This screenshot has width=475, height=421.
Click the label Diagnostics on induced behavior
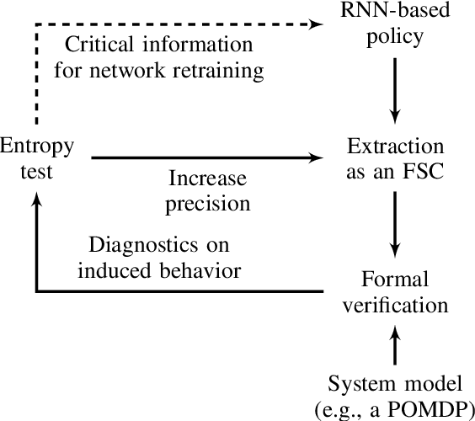(165, 258)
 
